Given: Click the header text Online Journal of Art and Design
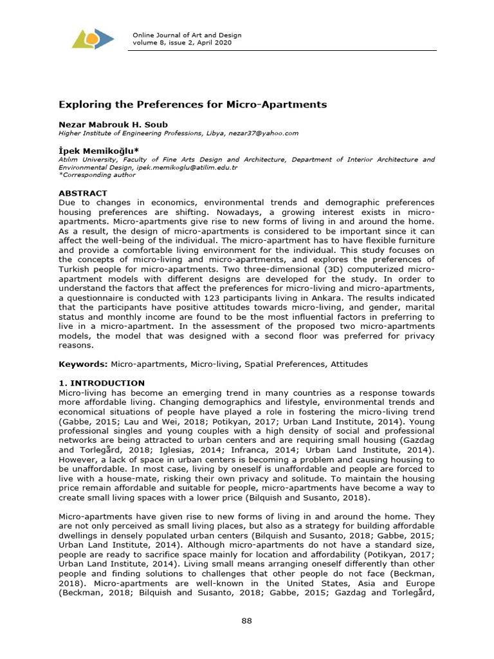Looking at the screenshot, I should [x=182, y=34].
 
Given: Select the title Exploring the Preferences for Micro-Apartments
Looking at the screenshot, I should [x=193, y=104].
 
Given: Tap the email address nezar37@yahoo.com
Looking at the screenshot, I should [x=265, y=133].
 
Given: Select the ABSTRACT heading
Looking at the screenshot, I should [x=83, y=193].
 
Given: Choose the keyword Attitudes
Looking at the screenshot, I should [x=349, y=364].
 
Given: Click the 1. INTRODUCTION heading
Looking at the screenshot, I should [x=102, y=383].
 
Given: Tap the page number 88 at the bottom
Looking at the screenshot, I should [x=247, y=620].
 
